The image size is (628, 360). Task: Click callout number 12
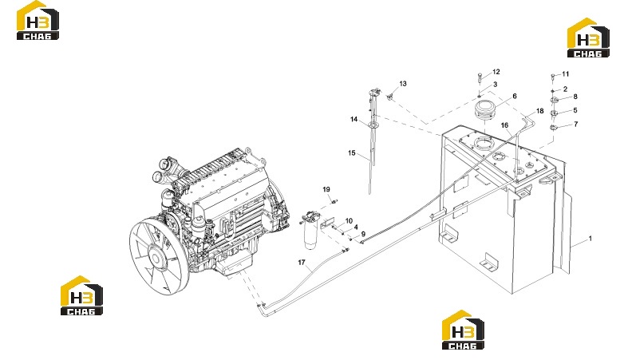496,72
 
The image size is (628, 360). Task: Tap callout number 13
403,84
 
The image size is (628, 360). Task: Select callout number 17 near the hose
302,263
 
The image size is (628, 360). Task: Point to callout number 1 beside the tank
590,239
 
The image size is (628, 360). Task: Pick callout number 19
326,189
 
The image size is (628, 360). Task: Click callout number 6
515,96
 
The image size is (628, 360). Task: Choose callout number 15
352,153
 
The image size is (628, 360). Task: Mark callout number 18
540,111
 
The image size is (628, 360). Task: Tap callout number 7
576,125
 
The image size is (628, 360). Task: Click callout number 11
566,74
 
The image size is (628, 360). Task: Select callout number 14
354,119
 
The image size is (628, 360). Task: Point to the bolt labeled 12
480,78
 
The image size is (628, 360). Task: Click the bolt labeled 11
553,77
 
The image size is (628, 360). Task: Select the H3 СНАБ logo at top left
38,21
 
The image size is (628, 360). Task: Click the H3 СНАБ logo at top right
588,38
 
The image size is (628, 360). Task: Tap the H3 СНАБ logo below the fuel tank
463,330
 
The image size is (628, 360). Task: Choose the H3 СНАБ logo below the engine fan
81,295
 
